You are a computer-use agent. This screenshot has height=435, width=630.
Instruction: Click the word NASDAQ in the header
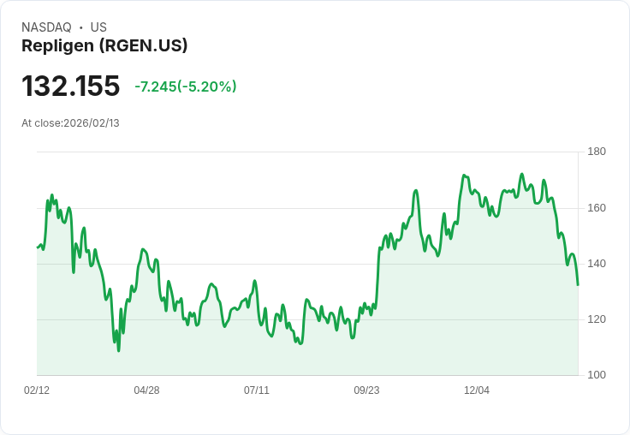[46, 27]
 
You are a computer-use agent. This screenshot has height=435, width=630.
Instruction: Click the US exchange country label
[98, 27]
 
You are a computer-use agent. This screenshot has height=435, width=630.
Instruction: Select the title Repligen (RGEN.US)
[104, 46]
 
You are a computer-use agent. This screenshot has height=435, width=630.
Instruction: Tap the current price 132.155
[70, 86]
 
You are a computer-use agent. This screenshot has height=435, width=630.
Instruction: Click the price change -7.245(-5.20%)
[186, 86]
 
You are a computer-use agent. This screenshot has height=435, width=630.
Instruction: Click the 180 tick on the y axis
[597, 152]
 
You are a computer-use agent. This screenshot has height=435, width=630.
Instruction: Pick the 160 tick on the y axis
[597, 208]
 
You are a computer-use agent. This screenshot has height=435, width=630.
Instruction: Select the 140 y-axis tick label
[597, 264]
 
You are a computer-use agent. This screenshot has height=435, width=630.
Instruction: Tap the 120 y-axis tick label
[597, 319]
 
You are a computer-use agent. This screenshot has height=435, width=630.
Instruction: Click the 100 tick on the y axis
[597, 375]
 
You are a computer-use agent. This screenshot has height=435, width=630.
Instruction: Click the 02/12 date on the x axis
[37, 390]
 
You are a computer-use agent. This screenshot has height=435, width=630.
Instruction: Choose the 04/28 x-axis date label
[146, 390]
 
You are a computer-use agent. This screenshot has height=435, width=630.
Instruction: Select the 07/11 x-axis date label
[257, 390]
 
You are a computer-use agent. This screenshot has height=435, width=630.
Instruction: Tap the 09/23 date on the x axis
[366, 390]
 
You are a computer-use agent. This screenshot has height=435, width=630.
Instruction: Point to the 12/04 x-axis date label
[477, 390]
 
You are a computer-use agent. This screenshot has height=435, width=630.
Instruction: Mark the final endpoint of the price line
[578, 285]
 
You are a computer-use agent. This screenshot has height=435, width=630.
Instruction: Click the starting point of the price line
[38, 247]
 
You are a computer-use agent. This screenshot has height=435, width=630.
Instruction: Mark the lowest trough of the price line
[119, 350]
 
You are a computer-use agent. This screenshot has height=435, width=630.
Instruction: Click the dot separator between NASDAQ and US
[80, 27]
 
